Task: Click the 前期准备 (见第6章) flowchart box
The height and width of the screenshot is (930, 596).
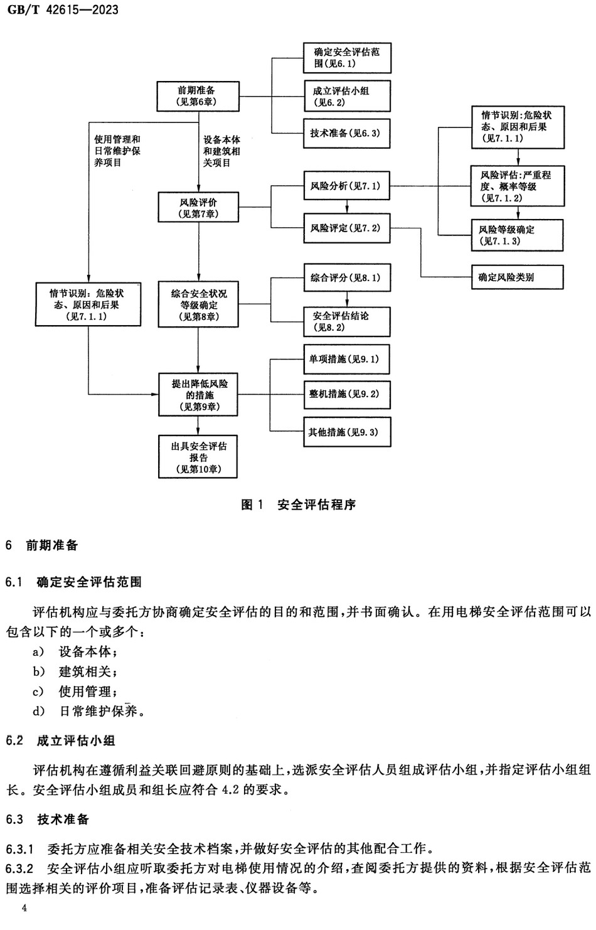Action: [x=198, y=96]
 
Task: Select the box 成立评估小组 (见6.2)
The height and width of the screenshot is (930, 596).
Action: [x=346, y=96]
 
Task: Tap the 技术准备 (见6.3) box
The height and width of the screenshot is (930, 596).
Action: [x=346, y=134]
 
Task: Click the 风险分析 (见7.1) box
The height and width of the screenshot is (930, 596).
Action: [x=346, y=186]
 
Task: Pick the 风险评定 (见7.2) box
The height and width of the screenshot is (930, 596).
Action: [x=346, y=228]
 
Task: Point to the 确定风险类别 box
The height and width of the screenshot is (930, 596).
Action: [x=517, y=277]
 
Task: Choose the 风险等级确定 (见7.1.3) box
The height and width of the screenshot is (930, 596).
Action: [x=517, y=235]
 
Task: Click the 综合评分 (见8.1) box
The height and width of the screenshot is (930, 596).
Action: [x=346, y=277]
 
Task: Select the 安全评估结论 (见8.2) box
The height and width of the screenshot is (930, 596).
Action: [x=346, y=321]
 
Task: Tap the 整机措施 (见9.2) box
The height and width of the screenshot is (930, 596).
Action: [x=346, y=394]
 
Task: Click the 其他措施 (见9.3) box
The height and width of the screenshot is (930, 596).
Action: [x=346, y=432]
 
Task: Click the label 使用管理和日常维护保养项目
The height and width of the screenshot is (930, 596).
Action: [x=117, y=151]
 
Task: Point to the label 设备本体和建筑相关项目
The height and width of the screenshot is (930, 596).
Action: [x=221, y=151]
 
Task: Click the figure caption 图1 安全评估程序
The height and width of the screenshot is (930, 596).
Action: [x=299, y=505]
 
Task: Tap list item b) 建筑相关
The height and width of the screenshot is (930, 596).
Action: [x=76, y=671]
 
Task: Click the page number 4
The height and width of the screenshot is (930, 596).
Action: [x=24, y=909]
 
